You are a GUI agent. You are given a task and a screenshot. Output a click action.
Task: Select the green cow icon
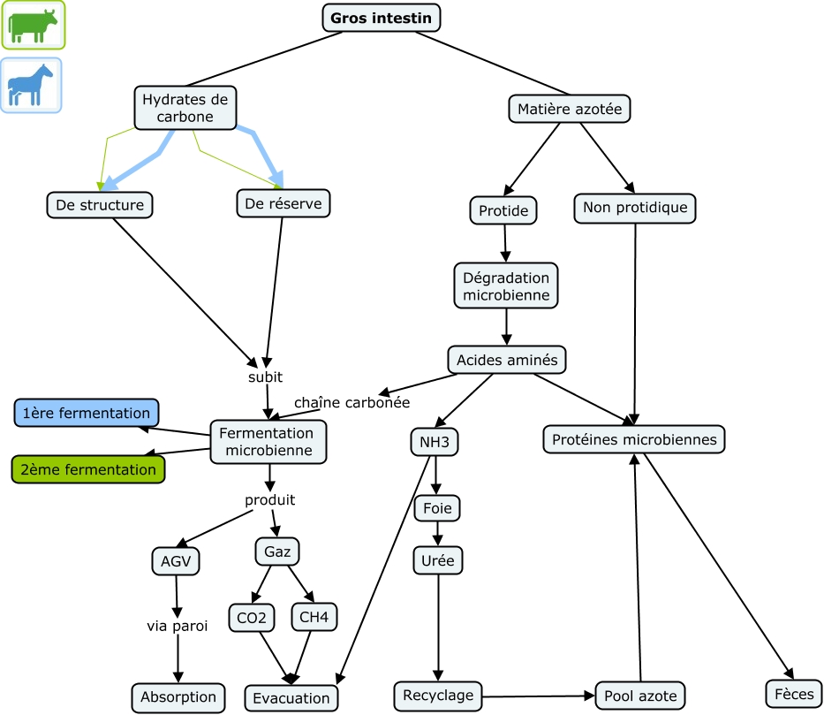[33, 26]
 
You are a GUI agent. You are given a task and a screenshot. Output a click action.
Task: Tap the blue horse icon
[31, 86]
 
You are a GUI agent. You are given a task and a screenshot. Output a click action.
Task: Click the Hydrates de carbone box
[185, 108]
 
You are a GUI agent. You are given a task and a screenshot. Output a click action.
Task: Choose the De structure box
[100, 205]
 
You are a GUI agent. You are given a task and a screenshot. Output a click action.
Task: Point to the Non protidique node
[635, 208]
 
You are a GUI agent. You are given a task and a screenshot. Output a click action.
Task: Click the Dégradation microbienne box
[506, 285]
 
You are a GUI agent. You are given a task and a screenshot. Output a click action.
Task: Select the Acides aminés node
[506, 360]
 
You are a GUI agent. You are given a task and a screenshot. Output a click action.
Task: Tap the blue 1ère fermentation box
[87, 413]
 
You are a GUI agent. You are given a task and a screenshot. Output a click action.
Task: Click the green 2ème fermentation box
[88, 469]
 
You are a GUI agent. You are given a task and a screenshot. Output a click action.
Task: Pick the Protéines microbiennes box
[634, 439]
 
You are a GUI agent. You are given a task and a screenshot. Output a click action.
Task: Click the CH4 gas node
[314, 617]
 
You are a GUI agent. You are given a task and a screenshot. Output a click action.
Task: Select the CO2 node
[251, 617]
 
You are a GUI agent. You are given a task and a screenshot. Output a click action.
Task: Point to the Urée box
[438, 559]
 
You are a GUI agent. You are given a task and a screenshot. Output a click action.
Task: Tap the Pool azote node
[641, 696]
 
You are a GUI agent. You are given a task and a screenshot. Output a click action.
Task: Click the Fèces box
[792, 694]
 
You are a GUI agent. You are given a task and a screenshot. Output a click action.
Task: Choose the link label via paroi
[178, 627]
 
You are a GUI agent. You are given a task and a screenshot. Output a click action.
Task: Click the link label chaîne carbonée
[352, 402]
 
